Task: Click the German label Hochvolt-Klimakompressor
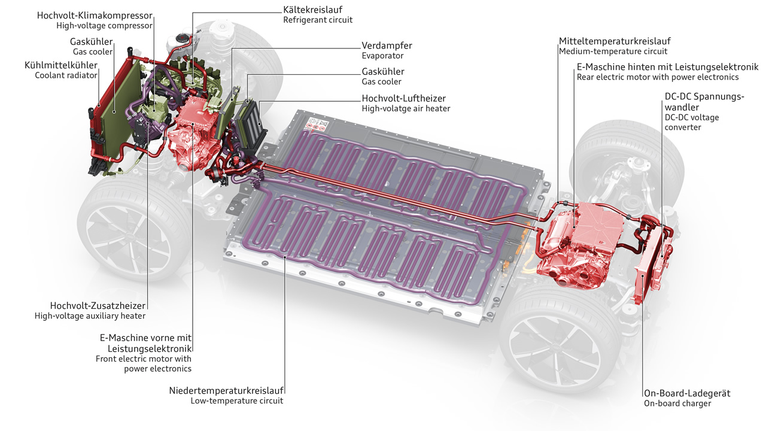tap(95, 14)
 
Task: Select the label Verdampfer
tap(387, 45)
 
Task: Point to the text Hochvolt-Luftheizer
tap(404, 98)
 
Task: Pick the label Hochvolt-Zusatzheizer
tap(98, 305)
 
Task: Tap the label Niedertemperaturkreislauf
tap(227, 390)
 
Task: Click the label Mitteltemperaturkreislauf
tap(615, 41)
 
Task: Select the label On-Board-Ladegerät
tap(687, 393)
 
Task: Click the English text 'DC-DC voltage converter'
tap(692, 122)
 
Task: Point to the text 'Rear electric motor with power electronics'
tap(658, 77)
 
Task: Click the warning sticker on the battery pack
tap(316, 126)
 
